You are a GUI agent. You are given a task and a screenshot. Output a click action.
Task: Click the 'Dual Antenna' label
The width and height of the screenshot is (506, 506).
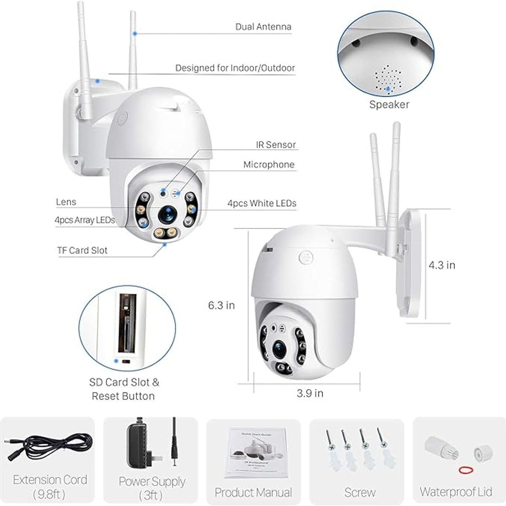tap(263, 27)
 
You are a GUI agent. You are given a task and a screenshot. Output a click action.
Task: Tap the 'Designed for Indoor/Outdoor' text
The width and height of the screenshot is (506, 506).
tap(235, 68)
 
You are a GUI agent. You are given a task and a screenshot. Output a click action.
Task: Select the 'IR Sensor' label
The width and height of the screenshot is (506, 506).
tap(276, 145)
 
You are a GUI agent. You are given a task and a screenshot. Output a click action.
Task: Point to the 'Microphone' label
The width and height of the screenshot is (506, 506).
tap(269, 164)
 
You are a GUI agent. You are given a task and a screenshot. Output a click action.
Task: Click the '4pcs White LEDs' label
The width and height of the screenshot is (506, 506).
tap(262, 203)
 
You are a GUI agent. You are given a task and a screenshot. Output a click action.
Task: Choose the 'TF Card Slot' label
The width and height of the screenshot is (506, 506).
tap(82, 250)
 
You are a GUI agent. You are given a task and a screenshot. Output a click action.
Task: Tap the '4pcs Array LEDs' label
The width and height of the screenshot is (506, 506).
tap(85, 220)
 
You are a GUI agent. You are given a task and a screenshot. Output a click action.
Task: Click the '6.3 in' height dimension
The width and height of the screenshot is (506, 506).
tap(221, 305)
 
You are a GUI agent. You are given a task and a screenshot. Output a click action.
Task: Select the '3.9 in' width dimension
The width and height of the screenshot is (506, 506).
tap(310, 393)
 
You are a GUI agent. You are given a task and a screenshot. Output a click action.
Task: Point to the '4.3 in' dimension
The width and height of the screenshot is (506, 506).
tap(442, 265)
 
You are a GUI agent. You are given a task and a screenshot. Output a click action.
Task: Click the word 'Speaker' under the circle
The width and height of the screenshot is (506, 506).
tap(389, 105)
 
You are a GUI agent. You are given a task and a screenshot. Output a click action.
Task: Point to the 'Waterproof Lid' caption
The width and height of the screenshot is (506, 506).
tap(456, 492)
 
